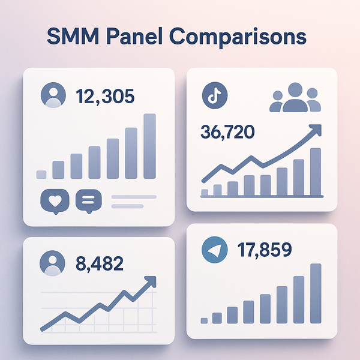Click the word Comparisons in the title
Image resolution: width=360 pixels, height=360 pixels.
pos(238,37)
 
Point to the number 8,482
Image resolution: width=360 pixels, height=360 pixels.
pos(101,263)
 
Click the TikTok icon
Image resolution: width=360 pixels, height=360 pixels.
pos(212,96)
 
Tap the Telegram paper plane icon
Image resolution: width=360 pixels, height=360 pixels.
pos(212,250)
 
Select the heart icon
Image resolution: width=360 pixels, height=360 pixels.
pos(54,202)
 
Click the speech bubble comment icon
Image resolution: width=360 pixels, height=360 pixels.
pos(89,202)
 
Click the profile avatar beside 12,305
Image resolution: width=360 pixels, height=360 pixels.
pos(52,95)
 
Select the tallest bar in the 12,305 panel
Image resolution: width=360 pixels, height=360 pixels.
pos(149,146)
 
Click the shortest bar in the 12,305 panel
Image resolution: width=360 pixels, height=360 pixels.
pos(41,174)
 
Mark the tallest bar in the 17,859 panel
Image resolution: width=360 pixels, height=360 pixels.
pos(316,293)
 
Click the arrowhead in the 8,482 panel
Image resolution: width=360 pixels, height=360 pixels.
pos(151,281)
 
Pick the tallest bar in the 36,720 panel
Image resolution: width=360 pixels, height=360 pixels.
pos(316,172)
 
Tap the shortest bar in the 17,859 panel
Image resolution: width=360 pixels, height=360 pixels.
pos(204,320)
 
